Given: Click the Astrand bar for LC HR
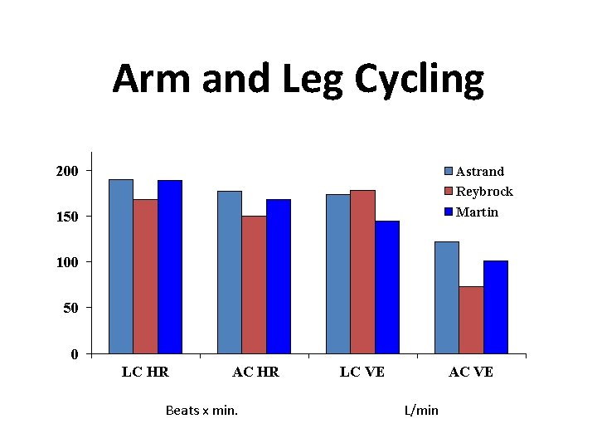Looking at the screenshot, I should click(121, 266).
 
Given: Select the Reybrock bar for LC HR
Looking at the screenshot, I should click(145, 276).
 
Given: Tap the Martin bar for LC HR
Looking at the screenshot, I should click(170, 266).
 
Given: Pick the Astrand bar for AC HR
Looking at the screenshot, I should click(230, 272).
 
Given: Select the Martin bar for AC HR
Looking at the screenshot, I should click(279, 276).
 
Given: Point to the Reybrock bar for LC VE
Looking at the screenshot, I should click(362, 271).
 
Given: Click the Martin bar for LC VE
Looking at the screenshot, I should click(387, 287).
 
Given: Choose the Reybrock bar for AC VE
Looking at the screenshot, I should click(471, 319).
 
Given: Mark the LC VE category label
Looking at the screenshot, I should click(362, 373).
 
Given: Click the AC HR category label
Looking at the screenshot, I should click(255, 373).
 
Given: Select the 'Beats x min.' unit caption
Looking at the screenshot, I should click(201, 411).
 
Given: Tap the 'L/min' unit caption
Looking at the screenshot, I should click(421, 411).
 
